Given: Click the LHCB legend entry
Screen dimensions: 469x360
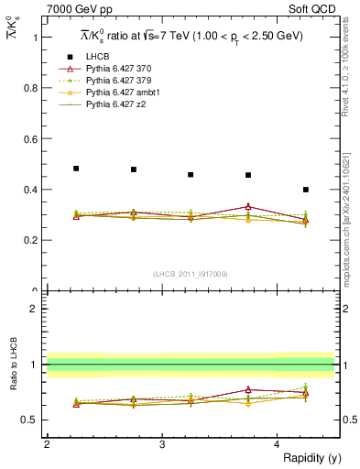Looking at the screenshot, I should (x=99, y=56).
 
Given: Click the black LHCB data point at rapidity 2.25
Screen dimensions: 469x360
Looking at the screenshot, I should (x=76, y=169).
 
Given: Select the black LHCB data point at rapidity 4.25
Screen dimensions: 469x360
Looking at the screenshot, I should (x=306, y=190).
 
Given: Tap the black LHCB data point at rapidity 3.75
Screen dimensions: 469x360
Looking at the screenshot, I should (x=248, y=175).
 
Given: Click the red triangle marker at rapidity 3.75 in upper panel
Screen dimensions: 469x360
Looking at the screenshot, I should (x=248, y=207).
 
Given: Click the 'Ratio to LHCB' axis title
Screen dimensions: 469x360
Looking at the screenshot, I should (x=12, y=365).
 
